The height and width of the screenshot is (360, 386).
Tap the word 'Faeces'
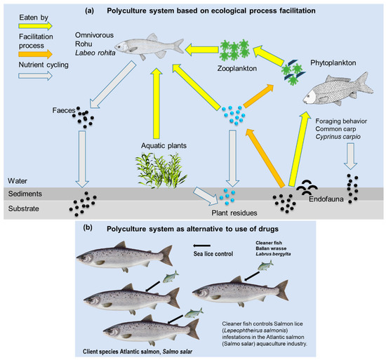click(x=64, y=109)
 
